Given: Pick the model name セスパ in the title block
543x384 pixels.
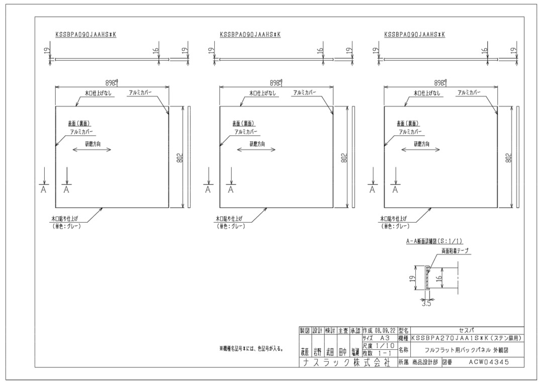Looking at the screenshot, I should click(463, 331).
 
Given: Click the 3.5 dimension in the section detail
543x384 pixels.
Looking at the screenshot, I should click(426, 303).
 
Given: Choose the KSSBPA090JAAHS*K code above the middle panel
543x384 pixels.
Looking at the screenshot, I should click(250, 35).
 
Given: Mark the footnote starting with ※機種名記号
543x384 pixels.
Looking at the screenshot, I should click(250, 348).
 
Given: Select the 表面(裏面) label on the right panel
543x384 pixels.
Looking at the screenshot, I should click(408, 123).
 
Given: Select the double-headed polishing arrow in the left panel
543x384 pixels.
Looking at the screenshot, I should click(92, 150).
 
